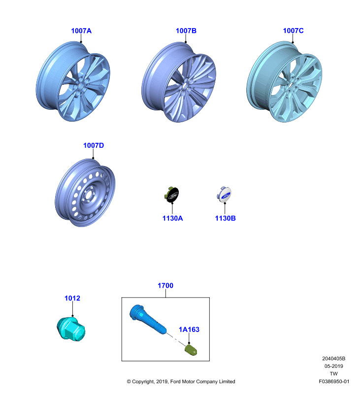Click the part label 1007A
pyautogui.click(x=81, y=31)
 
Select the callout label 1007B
pyautogui.click(x=186, y=31)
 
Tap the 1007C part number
pyautogui.click(x=293, y=31)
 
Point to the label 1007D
pyautogui.click(x=94, y=145)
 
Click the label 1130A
pyautogui.click(x=172, y=218)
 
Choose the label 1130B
pyautogui.click(x=226, y=218)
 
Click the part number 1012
pyautogui.click(x=72, y=298)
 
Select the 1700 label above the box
pyautogui.click(x=165, y=286)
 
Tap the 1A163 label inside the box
pyautogui.click(x=189, y=329)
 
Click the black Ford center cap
pyautogui.click(x=172, y=195)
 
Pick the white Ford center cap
pyautogui.click(x=225, y=195)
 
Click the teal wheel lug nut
pyautogui.click(x=71, y=329)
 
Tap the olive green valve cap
pyautogui.click(x=191, y=350)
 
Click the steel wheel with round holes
pyautogui.click(x=85, y=193)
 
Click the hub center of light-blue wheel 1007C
pyautogui.click(x=292, y=86)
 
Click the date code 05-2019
pyautogui.click(x=333, y=366)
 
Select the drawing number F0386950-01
pyautogui.click(x=334, y=381)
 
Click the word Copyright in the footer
pyautogui.click(x=143, y=382)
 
